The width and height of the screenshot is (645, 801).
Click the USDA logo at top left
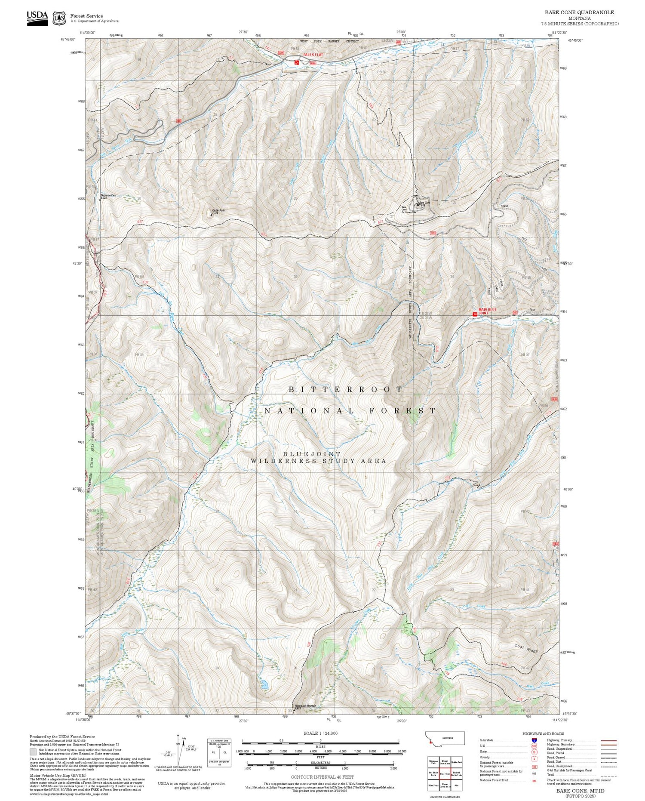pyautogui.click(x=37, y=18)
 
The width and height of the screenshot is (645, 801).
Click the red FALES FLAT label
pyautogui.click(x=313, y=55)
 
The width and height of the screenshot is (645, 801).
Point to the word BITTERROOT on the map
pyautogui.click(x=345, y=389)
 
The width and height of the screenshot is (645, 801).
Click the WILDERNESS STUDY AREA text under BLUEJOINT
pyautogui.click(x=318, y=461)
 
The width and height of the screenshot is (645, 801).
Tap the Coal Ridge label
pyautogui.click(x=526, y=648)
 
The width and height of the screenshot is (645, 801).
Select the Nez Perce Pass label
pyautogui.click(x=108, y=196)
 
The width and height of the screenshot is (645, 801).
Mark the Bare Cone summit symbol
pyautogui.click(x=418, y=205)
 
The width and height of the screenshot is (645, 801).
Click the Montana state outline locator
pyautogui.click(x=445, y=738)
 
